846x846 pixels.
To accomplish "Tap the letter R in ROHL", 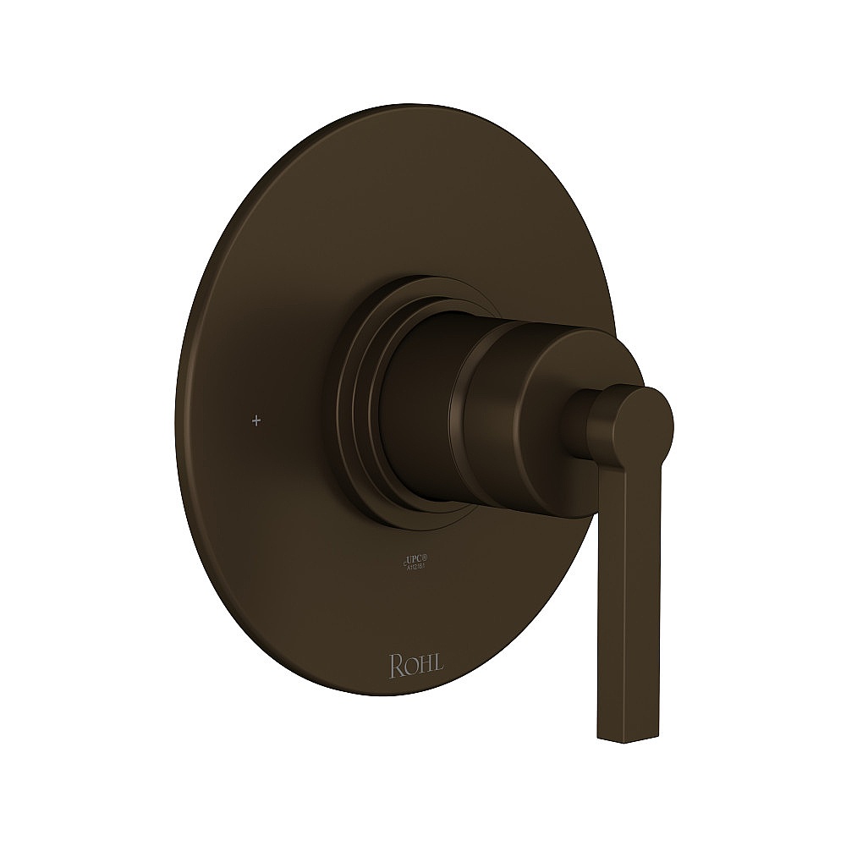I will tap(395, 665).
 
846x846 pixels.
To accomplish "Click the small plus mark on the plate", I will tap(256, 419).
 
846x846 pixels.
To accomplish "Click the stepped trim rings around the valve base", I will tap(355, 398).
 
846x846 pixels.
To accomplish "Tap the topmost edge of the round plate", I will tap(423, 107).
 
